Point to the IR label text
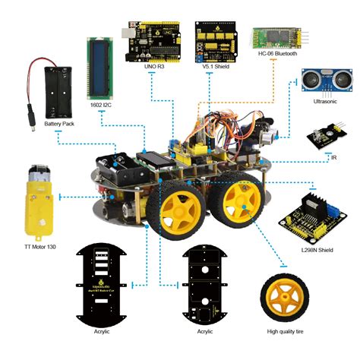point(334,157)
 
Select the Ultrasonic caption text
point(319,101)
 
